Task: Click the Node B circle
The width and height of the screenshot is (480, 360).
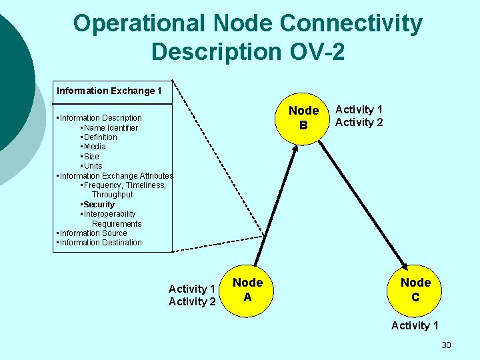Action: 303,117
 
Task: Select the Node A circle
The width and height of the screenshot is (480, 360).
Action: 247,291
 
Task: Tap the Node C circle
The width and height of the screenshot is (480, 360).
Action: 415,291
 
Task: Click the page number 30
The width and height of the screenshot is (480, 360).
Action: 446,345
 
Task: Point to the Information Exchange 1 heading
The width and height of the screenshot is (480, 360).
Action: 109,91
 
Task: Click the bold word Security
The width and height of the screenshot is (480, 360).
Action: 99,204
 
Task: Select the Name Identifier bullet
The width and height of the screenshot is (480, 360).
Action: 111,127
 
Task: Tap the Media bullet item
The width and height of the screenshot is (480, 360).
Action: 95,147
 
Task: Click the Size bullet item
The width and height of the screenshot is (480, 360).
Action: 91,156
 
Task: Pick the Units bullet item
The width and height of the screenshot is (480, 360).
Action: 93,166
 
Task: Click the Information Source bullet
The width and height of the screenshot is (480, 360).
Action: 93,233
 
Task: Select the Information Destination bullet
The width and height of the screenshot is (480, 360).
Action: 101,243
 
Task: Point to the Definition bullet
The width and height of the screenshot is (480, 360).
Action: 100,137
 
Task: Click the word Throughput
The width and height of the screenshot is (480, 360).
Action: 112,195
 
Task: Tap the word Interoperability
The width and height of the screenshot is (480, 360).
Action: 109,214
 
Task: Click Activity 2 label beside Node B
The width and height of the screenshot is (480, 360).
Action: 359,122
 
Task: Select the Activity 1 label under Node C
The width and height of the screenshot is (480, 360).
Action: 415,325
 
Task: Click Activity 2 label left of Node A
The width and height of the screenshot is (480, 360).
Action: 192,302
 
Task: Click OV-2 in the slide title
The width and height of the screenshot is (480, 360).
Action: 313,51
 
